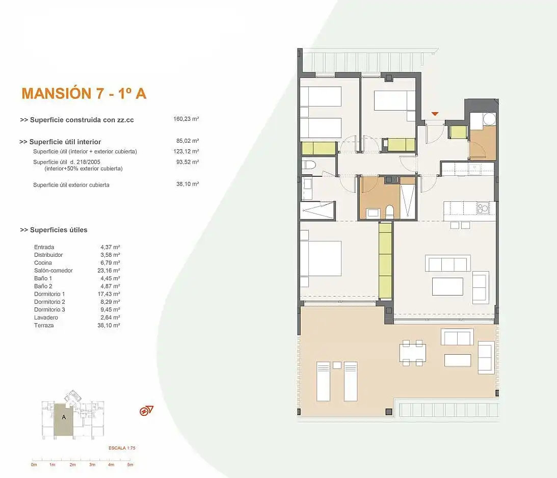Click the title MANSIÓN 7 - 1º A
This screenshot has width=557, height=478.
(x=84, y=93)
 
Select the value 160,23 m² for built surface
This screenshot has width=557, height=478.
(x=186, y=119)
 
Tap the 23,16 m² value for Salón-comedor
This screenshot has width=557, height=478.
(x=109, y=271)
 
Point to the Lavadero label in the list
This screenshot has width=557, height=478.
(x=46, y=317)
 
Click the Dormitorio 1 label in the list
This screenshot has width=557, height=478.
(x=49, y=294)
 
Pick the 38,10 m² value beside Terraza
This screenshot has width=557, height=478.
(x=109, y=325)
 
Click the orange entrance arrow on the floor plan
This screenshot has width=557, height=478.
(x=435, y=114)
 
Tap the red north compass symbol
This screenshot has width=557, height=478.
(x=146, y=411)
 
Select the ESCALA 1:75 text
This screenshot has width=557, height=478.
(x=122, y=448)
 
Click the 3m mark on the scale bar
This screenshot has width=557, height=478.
(x=92, y=465)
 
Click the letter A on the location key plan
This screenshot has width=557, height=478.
(x=64, y=417)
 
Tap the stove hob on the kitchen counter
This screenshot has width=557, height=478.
(x=483, y=207)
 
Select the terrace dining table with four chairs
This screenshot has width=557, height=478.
(x=412, y=353)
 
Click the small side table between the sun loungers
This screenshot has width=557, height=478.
(x=337, y=365)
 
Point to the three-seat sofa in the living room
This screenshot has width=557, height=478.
(x=447, y=263)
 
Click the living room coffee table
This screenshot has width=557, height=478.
(x=447, y=286)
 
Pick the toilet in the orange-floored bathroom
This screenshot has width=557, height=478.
(x=390, y=211)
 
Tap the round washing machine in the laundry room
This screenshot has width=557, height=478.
(x=489, y=119)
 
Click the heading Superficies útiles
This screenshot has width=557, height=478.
(x=54, y=230)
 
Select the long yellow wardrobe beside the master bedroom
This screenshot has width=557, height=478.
(x=385, y=260)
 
